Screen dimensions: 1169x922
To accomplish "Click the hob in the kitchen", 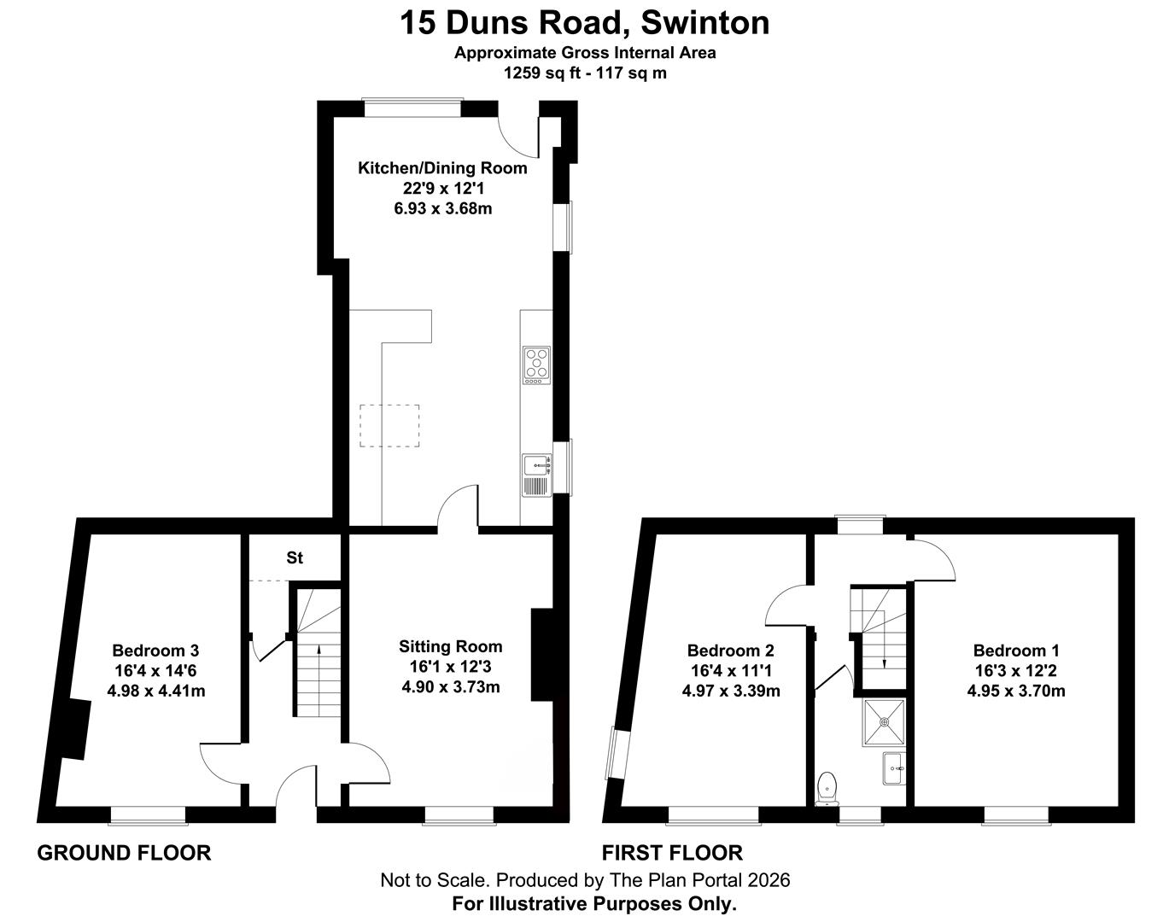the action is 536,365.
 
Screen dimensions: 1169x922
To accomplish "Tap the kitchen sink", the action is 537,475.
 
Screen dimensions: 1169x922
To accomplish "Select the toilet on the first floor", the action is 827,788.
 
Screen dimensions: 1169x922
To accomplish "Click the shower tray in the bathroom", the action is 885,722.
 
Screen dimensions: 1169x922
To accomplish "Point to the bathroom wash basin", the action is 894,768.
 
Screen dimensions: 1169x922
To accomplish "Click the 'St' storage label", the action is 295,558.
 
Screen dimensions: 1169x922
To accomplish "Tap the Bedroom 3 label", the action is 155,651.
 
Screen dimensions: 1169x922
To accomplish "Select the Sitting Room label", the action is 450,646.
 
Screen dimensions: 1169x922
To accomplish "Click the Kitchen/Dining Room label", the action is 442,168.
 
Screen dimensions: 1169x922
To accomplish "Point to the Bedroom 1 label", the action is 1016,651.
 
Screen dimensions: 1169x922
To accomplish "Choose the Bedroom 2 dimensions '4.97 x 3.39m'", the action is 731,691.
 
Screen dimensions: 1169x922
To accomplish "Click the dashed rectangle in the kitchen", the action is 389,425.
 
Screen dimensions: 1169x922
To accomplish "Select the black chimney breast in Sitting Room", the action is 542,655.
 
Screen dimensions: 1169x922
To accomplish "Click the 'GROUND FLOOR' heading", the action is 124,853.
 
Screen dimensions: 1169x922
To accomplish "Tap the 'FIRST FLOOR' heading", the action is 672,853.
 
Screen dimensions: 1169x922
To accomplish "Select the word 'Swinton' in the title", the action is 705,23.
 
